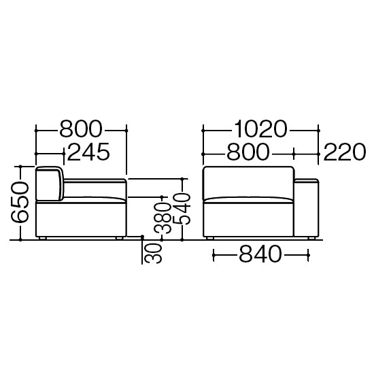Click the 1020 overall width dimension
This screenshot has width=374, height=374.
click(x=260, y=129)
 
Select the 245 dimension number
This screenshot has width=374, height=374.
click(x=88, y=152)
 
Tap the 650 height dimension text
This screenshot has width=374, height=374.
click(x=20, y=203)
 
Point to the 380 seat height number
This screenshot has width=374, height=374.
click(x=163, y=218)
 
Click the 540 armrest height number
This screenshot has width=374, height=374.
click(x=182, y=209)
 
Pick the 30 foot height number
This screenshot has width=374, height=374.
click(x=154, y=253)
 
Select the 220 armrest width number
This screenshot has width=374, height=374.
click(x=345, y=152)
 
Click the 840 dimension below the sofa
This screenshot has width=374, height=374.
click(x=260, y=254)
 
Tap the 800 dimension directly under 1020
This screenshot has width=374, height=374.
click(x=248, y=152)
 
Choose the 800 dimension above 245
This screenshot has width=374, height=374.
click(x=81, y=129)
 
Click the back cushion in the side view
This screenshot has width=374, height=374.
click(x=49, y=183)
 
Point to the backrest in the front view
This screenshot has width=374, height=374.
click(x=248, y=183)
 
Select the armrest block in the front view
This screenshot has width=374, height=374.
click(x=306, y=207)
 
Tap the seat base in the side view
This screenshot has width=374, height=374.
click(x=81, y=220)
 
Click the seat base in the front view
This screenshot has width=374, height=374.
click(x=248, y=220)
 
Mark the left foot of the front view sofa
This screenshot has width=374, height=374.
click(x=210, y=238)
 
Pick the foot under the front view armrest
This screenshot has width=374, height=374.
click(x=311, y=238)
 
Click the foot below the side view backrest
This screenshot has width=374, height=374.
click(x=42, y=238)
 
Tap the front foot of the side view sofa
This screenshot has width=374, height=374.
click(x=119, y=238)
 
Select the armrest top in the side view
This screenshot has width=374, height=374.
click(x=95, y=181)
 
